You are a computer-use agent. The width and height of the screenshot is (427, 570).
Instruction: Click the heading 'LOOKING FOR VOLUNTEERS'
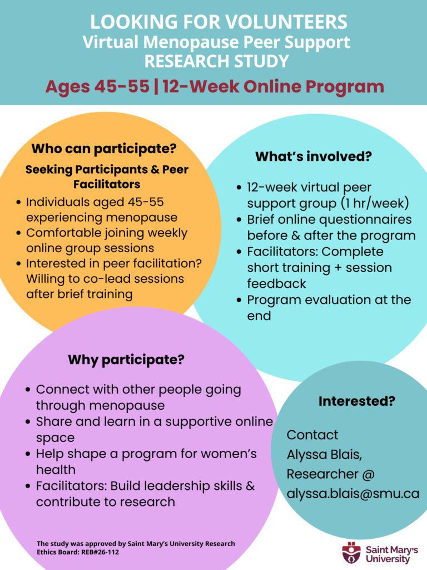coord(219,22)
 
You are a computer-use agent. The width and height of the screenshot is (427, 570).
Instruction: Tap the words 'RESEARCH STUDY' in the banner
coord(217,61)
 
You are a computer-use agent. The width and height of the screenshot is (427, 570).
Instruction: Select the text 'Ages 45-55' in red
coord(97,86)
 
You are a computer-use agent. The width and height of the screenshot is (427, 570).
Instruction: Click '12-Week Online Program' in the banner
coord(274,86)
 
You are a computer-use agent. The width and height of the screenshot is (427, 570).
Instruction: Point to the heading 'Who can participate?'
coord(104,148)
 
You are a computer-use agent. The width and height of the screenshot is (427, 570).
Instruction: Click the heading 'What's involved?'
coord(314,156)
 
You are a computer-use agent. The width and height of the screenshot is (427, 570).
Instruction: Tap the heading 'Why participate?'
coord(126,360)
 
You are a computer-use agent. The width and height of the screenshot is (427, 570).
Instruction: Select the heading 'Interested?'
coord(356,401)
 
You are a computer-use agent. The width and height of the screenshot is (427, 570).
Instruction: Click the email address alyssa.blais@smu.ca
coord(353,493)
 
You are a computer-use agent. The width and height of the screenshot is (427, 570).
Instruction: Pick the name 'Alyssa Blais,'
coord(324,454)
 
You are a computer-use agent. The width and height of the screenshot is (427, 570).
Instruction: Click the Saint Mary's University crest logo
coord(351,553)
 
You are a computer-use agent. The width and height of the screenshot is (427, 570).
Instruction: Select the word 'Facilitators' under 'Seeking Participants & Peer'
coord(107,184)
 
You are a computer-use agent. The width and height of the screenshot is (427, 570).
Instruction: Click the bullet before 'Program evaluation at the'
coord(239,300)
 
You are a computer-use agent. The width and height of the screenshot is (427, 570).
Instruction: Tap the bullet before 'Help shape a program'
coord(28,454)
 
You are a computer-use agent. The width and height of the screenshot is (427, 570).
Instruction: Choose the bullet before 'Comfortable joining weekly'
coord(18,233)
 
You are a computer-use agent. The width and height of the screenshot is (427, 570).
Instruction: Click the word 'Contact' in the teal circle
coord(312,435)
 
